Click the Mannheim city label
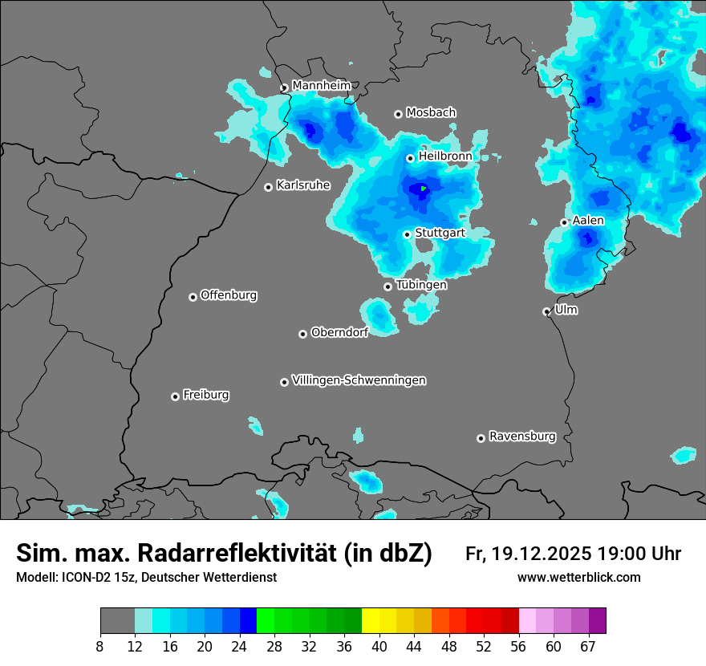pyautogui.click(x=322, y=85)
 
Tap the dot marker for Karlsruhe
pyautogui.click(x=269, y=187)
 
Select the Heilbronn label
pyautogui.click(x=445, y=156)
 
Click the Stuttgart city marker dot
pyautogui.click(x=408, y=234)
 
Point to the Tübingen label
pyautogui.click(x=421, y=285)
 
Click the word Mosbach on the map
pyautogui.click(x=431, y=112)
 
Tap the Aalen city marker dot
pyautogui.click(x=565, y=222)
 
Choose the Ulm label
pyautogui.click(x=566, y=310)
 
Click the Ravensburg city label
pyautogui.click(x=522, y=437)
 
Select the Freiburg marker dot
pyautogui.click(x=175, y=396)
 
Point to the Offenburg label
pyautogui.click(x=229, y=295)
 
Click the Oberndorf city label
pyautogui.click(x=339, y=332)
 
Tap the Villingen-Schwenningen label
pyautogui.click(x=359, y=380)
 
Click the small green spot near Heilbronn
pyautogui.click(x=423, y=189)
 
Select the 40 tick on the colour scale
pyautogui.click(x=379, y=645)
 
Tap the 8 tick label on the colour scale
pyautogui.click(x=100, y=645)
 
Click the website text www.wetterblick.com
pyautogui.click(x=578, y=577)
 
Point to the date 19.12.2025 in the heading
pyautogui.click(x=542, y=554)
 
